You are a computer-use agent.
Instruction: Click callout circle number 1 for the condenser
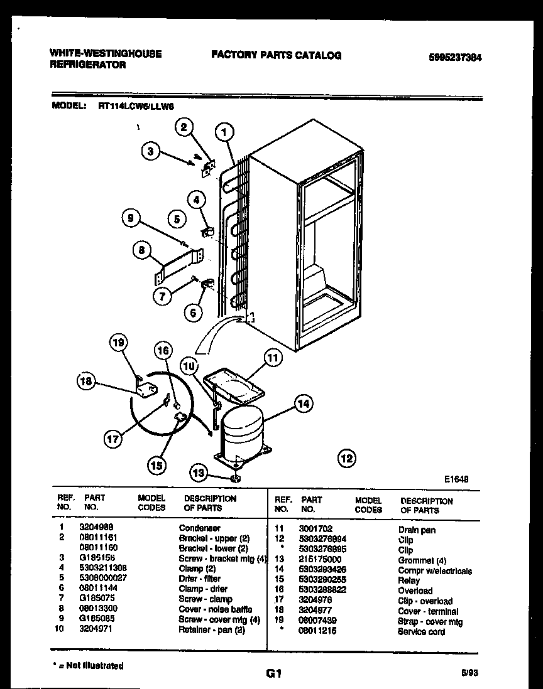(x=224, y=132)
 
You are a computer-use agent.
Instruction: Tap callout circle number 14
(x=304, y=405)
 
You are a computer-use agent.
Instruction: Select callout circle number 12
(x=346, y=457)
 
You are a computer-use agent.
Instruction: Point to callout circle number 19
(x=118, y=342)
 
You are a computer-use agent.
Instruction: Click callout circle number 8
(x=142, y=250)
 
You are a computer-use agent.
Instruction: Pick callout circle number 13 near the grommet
(x=199, y=473)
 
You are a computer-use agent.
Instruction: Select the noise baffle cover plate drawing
(x=178, y=265)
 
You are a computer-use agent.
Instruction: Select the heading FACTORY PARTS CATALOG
(x=277, y=55)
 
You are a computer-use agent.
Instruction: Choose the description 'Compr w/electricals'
(x=435, y=571)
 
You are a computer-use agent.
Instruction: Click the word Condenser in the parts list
(x=200, y=528)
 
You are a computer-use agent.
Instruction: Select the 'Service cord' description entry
(x=421, y=631)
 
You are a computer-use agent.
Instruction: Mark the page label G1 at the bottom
(x=272, y=675)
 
